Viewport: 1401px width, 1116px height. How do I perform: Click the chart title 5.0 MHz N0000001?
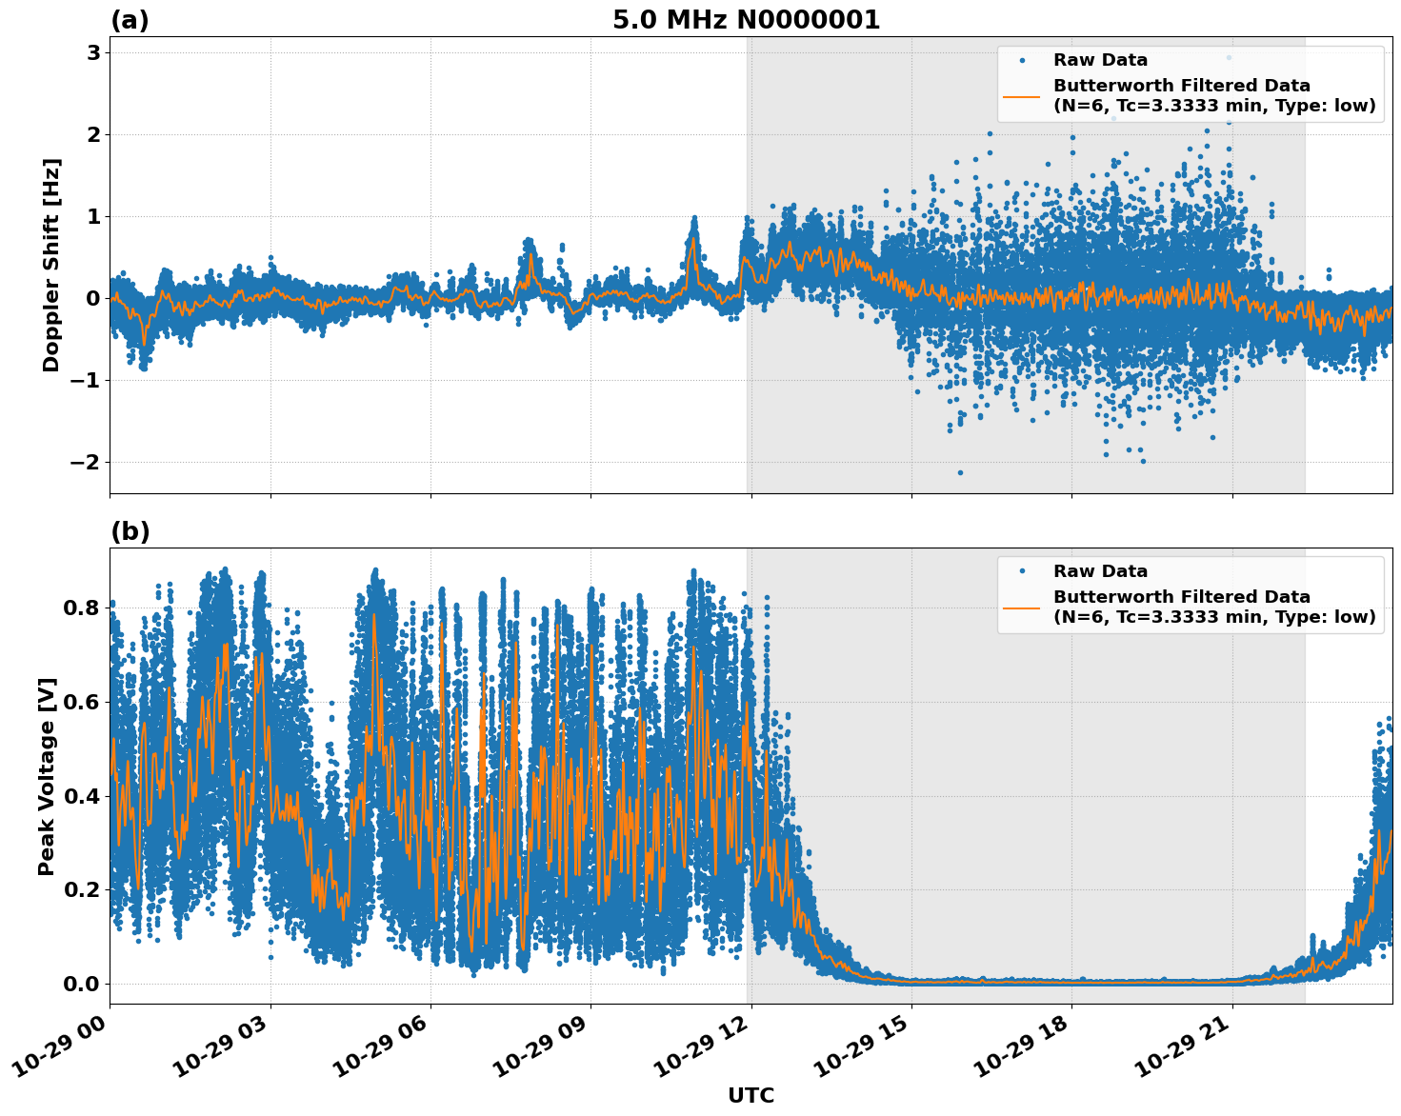[746, 20]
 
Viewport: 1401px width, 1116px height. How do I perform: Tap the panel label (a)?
[130, 20]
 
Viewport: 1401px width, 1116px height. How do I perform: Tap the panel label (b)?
[130, 531]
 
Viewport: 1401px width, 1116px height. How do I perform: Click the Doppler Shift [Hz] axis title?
[51, 265]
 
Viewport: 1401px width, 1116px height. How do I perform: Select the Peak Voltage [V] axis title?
[47, 776]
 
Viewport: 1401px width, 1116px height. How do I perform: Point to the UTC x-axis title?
[751, 1096]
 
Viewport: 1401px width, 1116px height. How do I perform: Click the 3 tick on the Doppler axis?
[93, 53]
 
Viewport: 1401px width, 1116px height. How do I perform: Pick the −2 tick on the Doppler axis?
[84, 463]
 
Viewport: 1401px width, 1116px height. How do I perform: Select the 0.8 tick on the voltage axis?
[82, 608]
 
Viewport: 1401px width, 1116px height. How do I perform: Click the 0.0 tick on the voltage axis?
[82, 984]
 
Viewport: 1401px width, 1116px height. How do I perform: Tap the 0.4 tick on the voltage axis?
[82, 796]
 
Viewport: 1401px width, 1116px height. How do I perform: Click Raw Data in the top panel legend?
[1100, 61]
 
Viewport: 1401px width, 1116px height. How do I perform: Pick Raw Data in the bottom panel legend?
[1100, 571]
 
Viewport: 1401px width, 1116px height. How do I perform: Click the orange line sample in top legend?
[1022, 96]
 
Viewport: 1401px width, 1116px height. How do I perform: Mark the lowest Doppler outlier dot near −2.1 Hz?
[960, 472]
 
